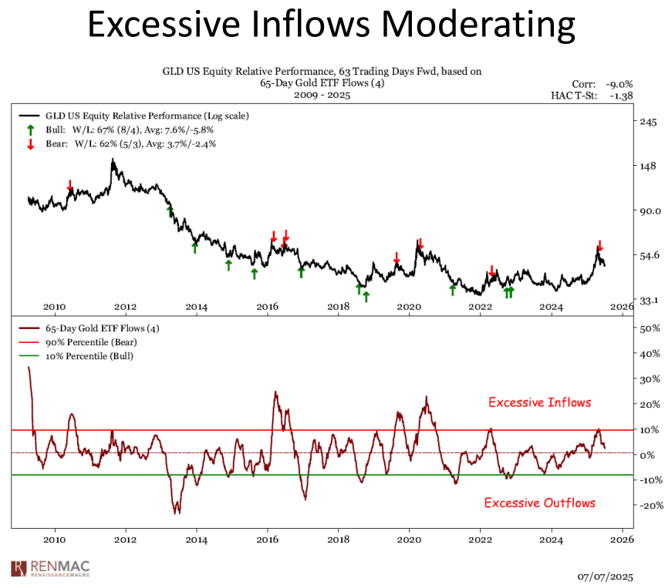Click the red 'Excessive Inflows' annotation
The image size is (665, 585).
tap(539, 402)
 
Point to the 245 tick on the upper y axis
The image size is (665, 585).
tap(648, 122)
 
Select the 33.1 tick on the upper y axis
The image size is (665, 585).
tap(648, 300)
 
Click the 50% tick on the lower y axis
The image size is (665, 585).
tap(650, 328)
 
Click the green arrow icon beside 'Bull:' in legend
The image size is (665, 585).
tap(30, 129)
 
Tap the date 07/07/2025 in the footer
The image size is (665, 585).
tap(606, 575)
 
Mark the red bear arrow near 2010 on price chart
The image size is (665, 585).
tap(69, 185)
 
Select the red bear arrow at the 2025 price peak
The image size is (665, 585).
tap(599, 245)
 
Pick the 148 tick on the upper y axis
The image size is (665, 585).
tap(648, 166)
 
